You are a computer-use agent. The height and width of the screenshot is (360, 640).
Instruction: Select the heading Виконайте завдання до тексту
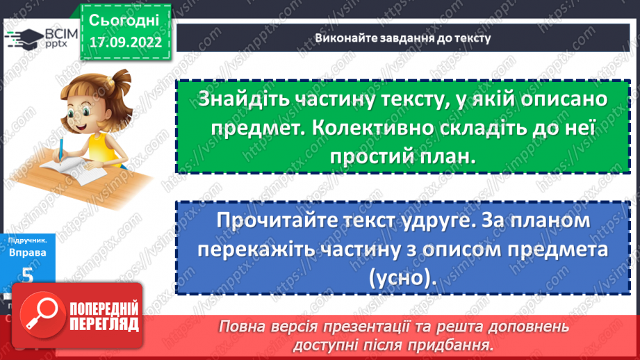[402, 38]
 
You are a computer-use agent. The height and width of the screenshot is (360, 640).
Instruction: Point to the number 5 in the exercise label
[27, 275]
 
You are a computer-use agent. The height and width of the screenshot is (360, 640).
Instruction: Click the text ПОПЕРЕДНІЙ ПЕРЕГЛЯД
[103, 316]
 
